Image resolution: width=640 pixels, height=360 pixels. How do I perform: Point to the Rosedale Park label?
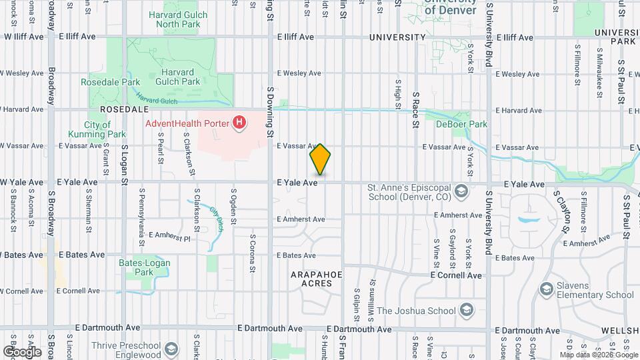[x=105, y=82]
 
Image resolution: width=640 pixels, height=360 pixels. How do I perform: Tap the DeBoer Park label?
[x=462, y=124]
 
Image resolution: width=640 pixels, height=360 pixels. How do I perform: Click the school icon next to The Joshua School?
[x=467, y=310]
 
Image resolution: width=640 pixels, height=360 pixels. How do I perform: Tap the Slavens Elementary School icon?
[x=546, y=288]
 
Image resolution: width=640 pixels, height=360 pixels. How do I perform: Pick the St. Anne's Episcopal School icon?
[x=460, y=193]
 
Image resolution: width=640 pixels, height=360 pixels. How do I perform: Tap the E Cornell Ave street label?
[x=456, y=275]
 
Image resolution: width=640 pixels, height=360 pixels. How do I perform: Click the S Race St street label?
[x=415, y=110]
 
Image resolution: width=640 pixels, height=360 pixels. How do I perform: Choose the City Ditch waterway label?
[x=217, y=219]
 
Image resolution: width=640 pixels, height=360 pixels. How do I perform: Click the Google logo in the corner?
[x=22, y=351]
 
